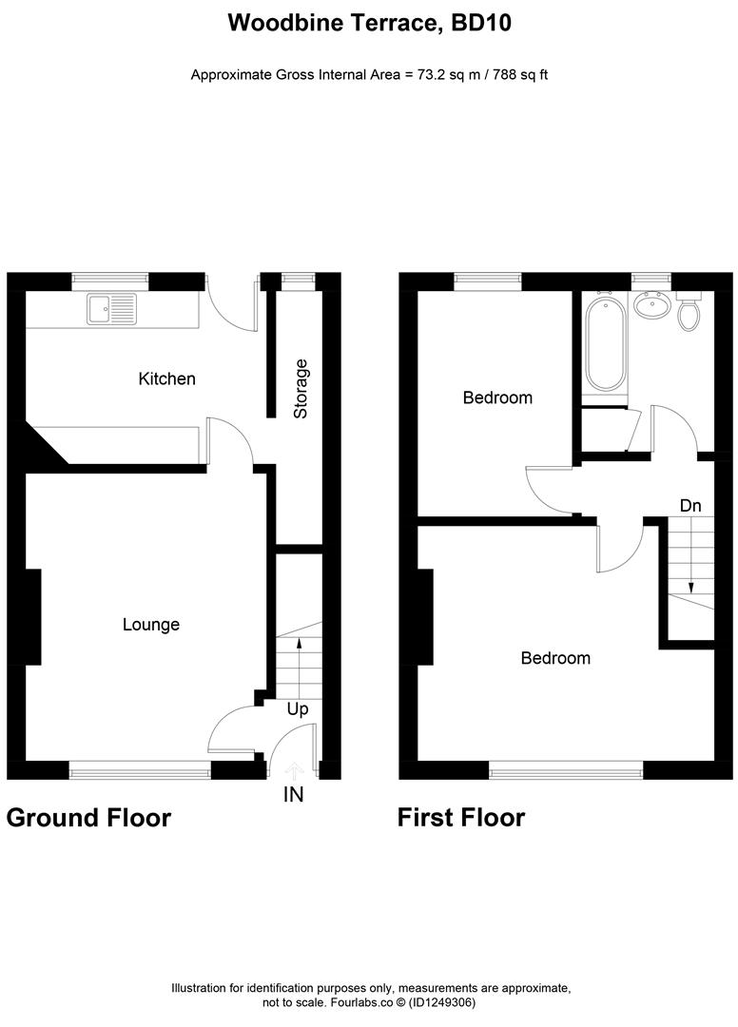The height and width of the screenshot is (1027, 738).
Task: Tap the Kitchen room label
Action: [166, 378]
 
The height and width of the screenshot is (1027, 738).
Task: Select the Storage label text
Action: [301, 389]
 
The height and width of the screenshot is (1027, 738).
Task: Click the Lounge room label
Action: [151, 625]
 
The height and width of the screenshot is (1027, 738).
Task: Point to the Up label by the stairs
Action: [298, 708]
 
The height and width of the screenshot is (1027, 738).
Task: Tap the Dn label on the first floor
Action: [691, 504]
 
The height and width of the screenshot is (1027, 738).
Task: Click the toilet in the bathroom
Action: [689, 314]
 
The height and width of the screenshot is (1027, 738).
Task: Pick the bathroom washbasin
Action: [651, 306]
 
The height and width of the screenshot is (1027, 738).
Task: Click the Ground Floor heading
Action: [88, 818]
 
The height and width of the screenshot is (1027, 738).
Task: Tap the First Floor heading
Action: [461, 818]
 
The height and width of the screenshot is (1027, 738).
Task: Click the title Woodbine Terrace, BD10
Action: [369, 24]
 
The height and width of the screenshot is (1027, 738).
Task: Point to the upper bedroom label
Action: [497, 397]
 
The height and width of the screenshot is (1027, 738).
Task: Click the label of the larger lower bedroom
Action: [555, 658]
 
